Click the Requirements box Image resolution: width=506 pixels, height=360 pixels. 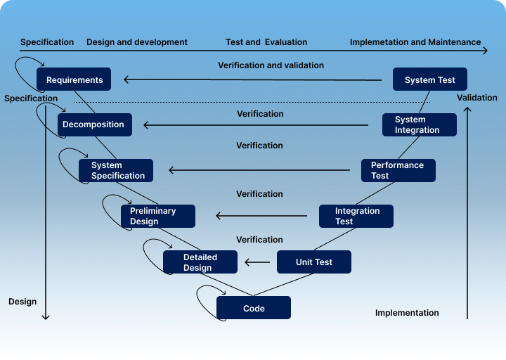tap(74, 80)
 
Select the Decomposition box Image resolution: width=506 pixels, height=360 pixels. tap(94, 124)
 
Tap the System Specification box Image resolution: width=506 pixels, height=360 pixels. tap(112, 170)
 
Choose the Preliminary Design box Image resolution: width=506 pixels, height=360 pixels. tap(157, 216)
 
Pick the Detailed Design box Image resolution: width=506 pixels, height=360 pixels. tap(200, 262)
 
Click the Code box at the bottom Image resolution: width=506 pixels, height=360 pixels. tap(253, 308)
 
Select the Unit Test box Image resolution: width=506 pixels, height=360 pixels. tap(313, 262)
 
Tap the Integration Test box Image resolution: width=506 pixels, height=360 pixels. tap(356, 216)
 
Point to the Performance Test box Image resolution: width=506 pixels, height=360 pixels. tap(398, 170)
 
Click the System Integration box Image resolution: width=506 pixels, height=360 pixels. tap(419, 124)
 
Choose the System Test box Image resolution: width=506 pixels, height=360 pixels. tap(429, 80)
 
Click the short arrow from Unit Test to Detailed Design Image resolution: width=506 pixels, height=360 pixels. tap(257, 263)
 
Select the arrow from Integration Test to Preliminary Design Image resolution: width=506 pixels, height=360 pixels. tap(261, 216)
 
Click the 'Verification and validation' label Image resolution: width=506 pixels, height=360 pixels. tap(271, 65)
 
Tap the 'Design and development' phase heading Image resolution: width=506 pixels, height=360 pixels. tap(137, 42)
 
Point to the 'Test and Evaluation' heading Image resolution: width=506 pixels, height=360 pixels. tap(266, 42)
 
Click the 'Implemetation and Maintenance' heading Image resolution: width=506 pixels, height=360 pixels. tap(415, 42)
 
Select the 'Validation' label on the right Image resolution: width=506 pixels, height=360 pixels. tap(476, 98)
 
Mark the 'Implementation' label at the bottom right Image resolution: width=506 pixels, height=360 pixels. tap(407, 313)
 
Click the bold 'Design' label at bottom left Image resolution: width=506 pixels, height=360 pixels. tap(22, 302)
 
